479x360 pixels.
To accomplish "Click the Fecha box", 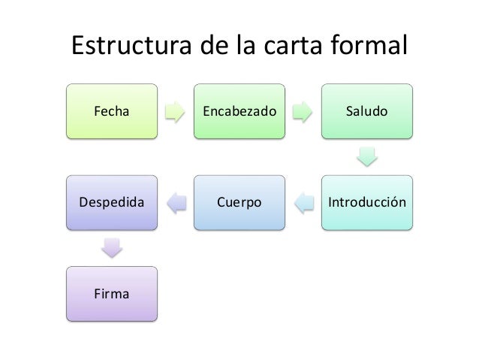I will pos(111,111).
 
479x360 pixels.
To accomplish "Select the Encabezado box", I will pos(239,111).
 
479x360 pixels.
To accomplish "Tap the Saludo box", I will pos(367,111).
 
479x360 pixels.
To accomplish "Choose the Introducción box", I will pos(367,202).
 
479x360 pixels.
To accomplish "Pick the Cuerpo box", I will pos(239,202).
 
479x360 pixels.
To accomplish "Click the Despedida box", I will pos(111,202).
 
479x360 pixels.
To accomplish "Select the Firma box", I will pos(111,293).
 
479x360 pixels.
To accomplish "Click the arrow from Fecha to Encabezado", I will pos(175,112).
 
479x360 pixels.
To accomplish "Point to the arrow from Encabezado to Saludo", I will pos(303,112).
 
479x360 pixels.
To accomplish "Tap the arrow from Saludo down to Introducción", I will pos(367,157).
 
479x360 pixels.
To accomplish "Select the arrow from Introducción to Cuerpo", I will pos(303,202).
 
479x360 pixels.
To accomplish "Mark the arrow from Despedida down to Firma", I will pos(111,247).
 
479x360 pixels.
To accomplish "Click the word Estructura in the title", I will pos(128,45).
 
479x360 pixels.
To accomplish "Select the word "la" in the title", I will pos(245,45).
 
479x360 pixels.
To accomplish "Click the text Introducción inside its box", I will pos(367,203).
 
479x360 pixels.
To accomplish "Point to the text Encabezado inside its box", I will pos(239,112).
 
